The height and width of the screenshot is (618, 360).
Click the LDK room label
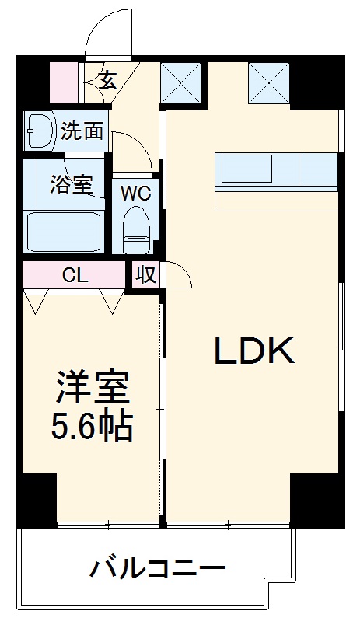[x=253, y=351]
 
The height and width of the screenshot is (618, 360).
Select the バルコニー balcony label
[x=158, y=568]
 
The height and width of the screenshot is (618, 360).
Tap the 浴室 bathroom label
[x=72, y=185]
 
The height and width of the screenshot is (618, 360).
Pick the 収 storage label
[x=143, y=275]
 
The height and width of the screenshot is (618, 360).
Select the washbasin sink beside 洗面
[x=38, y=131]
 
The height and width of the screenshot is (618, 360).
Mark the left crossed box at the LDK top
[x=180, y=82]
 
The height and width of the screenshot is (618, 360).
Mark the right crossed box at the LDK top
[x=268, y=82]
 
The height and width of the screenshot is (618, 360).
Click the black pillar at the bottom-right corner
[x=317, y=498]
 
